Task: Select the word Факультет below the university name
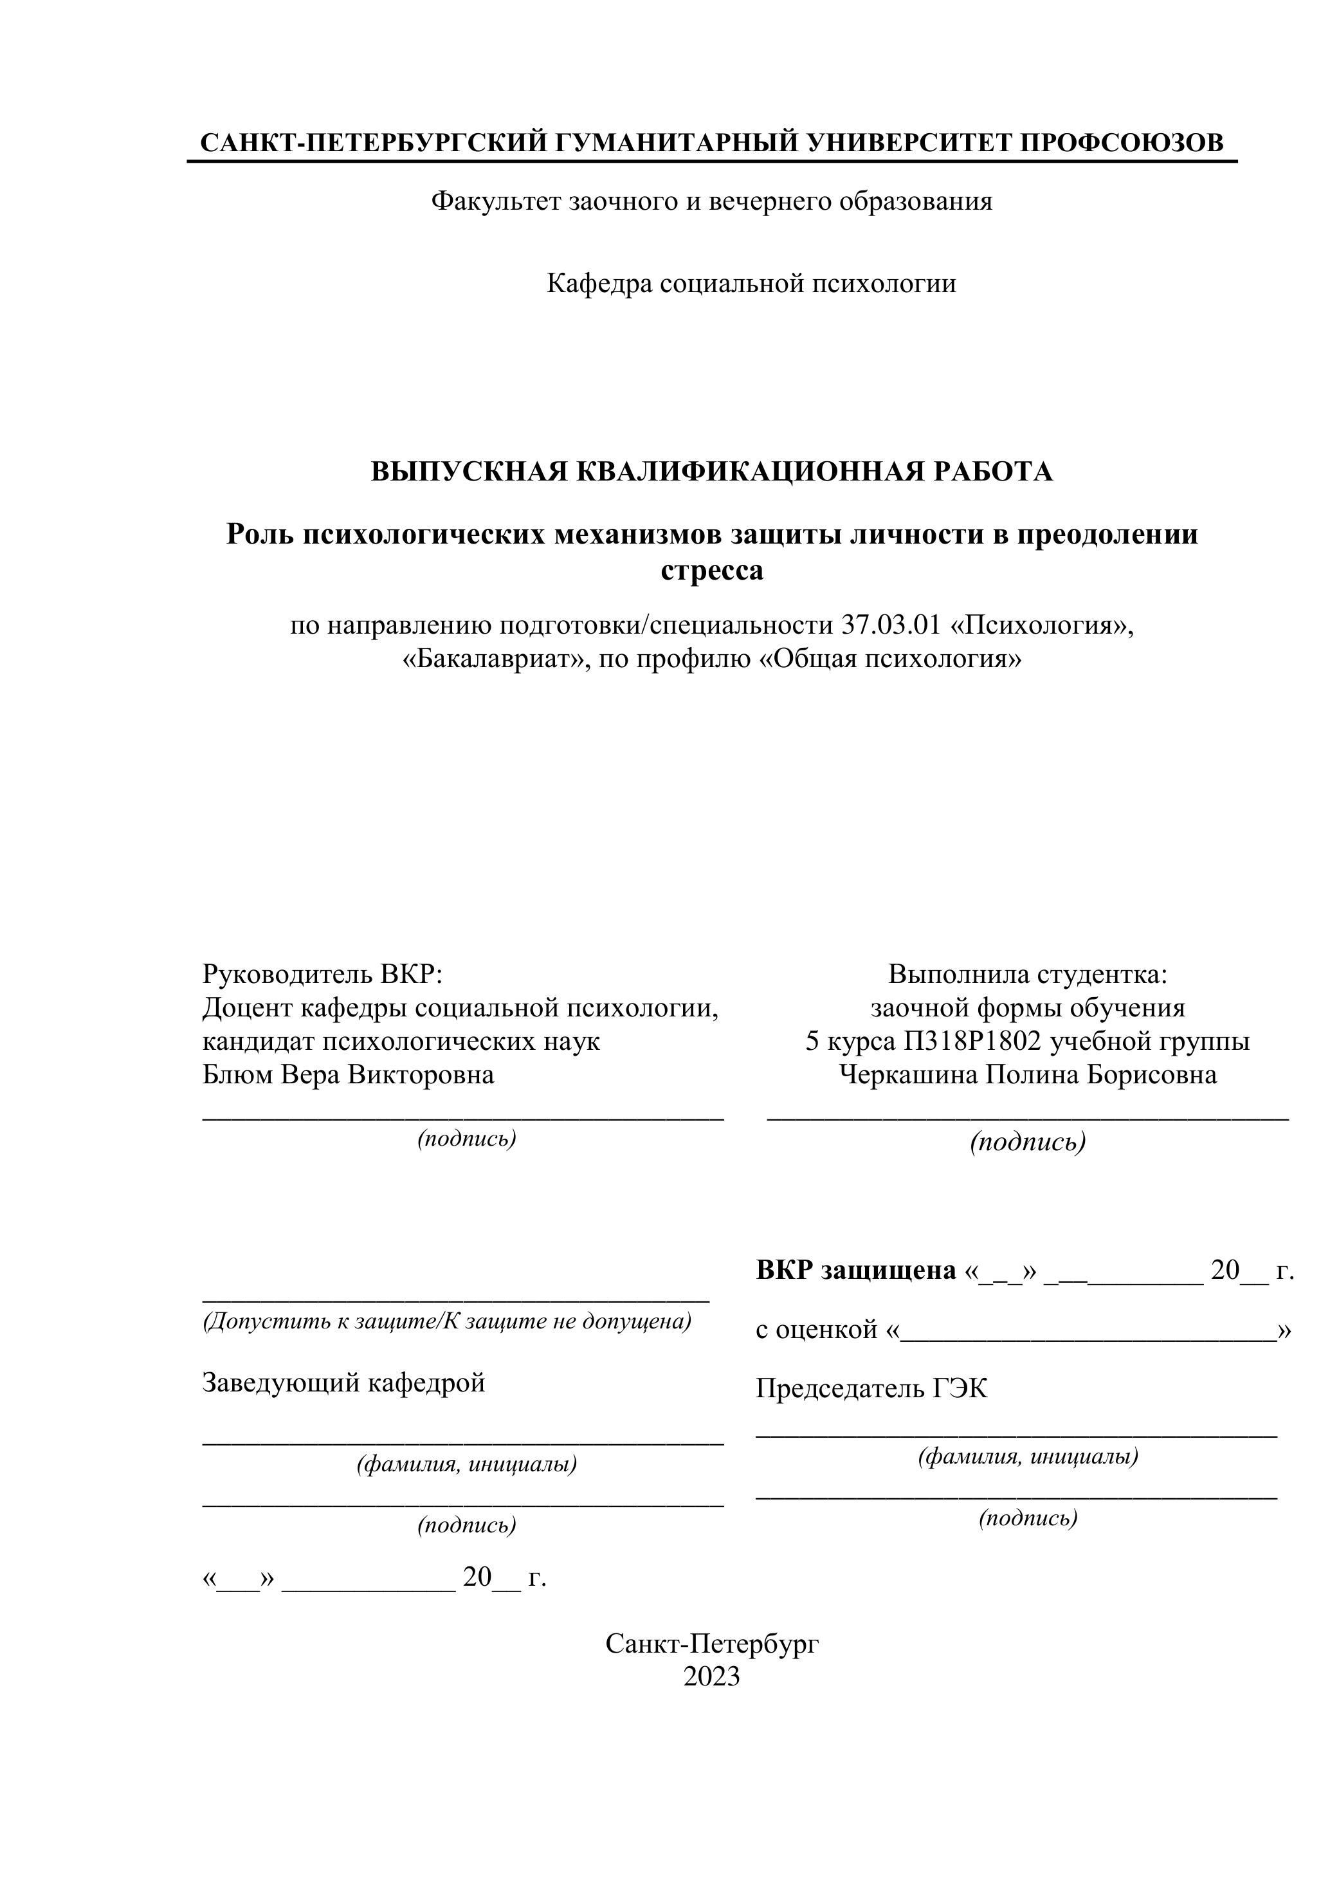coord(496,201)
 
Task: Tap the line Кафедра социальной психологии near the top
coord(751,284)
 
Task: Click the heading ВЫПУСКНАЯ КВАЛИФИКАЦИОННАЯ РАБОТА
coord(712,472)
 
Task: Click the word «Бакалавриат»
coord(496,659)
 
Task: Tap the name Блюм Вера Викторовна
coord(348,1074)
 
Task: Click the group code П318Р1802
coord(972,1041)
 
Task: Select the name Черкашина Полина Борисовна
coord(1028,1074)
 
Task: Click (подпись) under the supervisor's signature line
coord(467,1139)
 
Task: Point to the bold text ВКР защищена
coord(856,1270)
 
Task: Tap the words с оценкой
coord(817,1329)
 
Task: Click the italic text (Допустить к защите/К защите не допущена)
coord(447,1321)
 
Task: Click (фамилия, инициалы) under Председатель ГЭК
coord(1028,1456)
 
